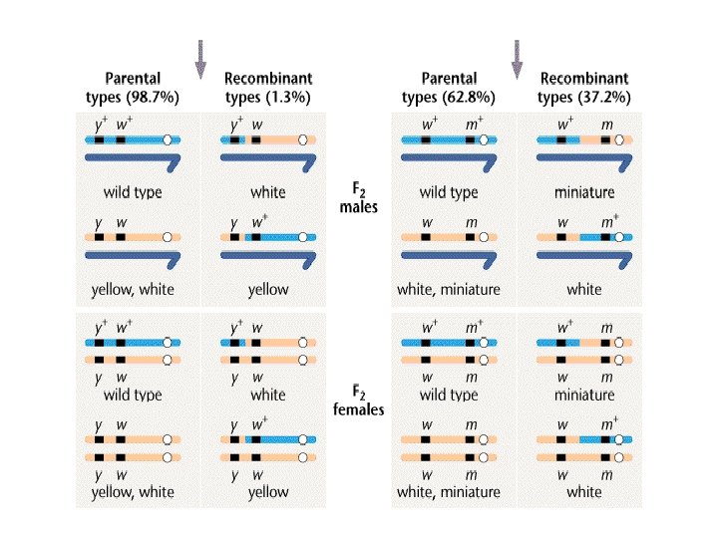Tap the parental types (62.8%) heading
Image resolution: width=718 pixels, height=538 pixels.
pos(448,88)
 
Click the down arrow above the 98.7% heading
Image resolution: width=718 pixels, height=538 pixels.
pos(200,58)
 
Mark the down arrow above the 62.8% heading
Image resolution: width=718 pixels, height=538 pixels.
pos(517,58)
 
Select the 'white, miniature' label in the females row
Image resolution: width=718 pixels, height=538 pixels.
pos(448,491)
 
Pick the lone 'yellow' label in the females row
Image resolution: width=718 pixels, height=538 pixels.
pos(268,491)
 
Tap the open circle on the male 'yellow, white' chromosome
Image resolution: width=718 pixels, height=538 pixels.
pos(168,238)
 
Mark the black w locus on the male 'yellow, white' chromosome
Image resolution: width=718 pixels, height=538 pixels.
pos(121,238)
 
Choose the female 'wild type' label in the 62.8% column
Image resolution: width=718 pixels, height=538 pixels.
pos(448,395)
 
